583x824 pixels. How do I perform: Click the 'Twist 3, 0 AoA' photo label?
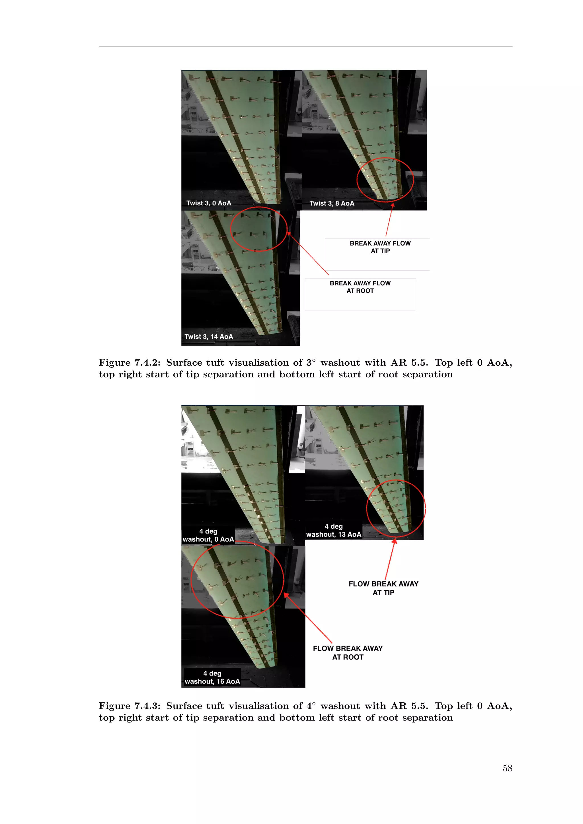209,203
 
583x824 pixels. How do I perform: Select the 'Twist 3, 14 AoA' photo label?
209,337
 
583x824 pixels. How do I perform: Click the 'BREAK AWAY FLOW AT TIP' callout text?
380,247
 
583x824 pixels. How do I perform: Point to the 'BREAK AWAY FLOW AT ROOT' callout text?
360,287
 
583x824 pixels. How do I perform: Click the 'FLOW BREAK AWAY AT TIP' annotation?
383,588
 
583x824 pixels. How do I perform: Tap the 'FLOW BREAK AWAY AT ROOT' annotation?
348,653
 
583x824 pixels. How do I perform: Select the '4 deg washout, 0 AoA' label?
208,535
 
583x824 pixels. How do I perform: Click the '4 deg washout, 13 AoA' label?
334,530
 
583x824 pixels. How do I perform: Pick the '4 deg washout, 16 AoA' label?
212,677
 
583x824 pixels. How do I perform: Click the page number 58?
507,768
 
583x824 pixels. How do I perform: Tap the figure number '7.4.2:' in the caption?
147,363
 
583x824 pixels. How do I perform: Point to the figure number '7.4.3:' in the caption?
147,706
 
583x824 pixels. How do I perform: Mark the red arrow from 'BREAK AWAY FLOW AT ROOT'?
308,253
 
